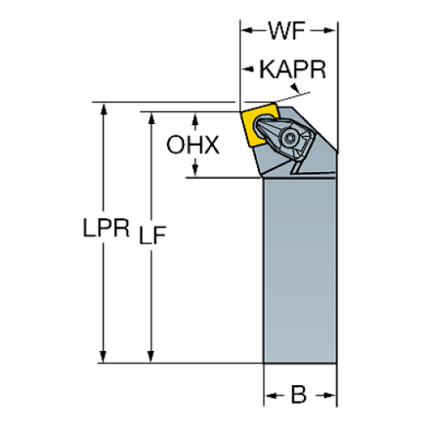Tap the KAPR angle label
point(293,69)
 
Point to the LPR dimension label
point(102,230)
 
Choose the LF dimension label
point(153,233)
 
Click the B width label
point(299,397)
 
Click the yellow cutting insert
point(261,127)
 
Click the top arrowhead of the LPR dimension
point(103,108)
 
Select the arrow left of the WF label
point(248,32)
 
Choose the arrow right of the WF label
point(328,32)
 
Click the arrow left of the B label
point(271,397)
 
